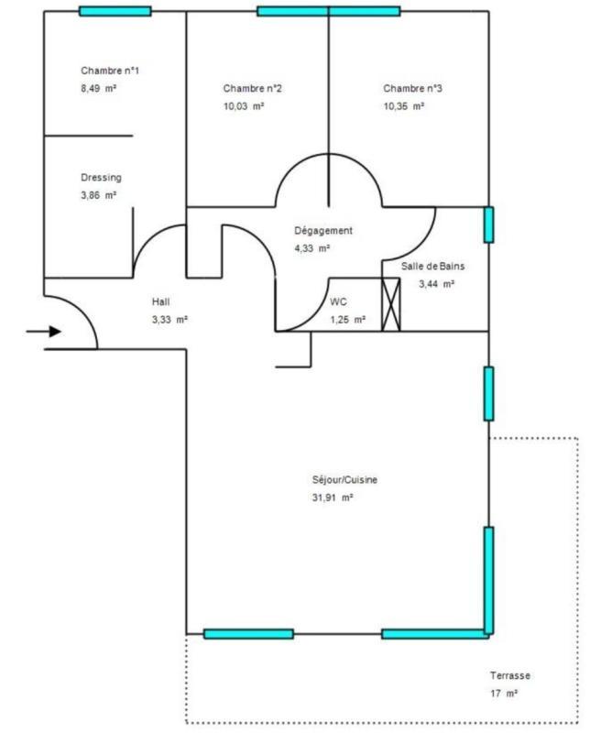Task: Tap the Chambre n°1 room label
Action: (110, 71)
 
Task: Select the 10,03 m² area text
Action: (243, 106)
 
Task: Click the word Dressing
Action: (101, 178)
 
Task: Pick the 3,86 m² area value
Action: (98, 195)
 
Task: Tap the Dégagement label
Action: (323, 231)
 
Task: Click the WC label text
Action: (338, 301)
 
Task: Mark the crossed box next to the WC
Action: (391, 303)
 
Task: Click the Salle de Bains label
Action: (433, 267)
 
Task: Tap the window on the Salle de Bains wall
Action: (488, 224)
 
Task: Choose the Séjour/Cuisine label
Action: (345, 480)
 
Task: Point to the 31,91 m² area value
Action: (333, 498)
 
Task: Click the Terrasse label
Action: (510, 676)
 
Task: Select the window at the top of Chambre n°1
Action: (115, 12)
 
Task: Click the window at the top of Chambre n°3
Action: (365, 12)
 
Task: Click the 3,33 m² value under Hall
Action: (169, 320)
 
